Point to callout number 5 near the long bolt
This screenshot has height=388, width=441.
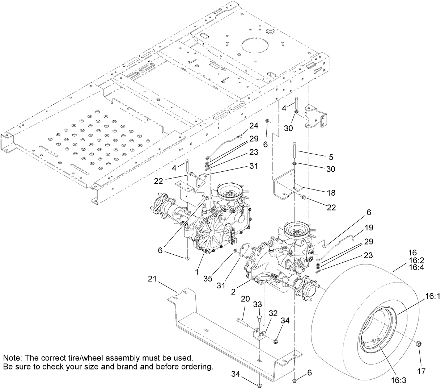click(331, 157)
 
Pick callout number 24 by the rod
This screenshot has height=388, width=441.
click(254, 126)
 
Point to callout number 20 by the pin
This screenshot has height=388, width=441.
click(245, 299)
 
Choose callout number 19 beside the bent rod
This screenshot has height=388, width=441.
click(369, 228)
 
